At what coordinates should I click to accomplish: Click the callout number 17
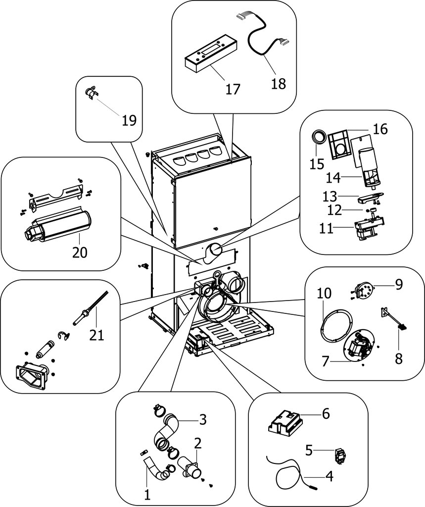233,89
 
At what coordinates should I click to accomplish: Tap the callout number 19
129,120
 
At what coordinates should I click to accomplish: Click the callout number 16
380,130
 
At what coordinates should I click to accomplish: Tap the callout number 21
97,335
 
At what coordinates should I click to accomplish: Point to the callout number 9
399,284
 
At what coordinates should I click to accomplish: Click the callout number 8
399,358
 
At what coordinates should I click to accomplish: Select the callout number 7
325,361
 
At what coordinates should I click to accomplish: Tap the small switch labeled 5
340,454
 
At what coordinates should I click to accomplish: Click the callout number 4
329,477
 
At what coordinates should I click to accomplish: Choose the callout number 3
202,420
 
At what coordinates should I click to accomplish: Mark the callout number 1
146,494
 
